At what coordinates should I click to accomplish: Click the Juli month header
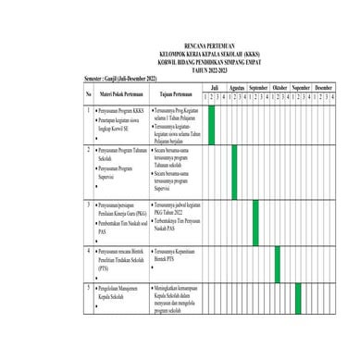[x=215, y=87]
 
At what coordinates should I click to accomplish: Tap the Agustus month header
[x=237, y=87]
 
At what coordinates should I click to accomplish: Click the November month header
[x=302, y=87]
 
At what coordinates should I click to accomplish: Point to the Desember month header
[x=323, y=87]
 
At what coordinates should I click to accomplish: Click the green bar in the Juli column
[x=212, y=124]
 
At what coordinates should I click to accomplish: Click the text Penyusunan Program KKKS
[x=123, y=110]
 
